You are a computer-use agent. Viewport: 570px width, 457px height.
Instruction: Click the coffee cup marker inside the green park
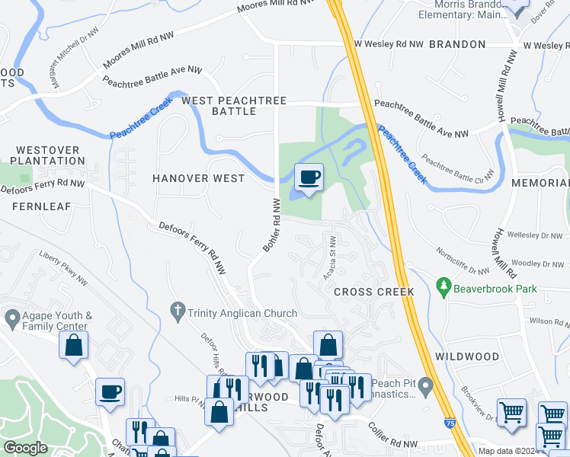coord(309,178)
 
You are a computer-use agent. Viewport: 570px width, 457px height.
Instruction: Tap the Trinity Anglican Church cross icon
coord(177,311)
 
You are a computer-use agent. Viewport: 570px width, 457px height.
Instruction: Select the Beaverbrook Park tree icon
coord(444,287)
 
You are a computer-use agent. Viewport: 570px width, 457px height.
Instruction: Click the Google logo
coord(25,448)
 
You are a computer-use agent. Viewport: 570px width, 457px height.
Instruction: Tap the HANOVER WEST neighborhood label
coord(198,178)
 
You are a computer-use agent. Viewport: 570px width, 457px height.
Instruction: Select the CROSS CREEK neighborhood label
coord(373,292)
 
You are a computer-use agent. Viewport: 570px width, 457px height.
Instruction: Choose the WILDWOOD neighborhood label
coord(467,356)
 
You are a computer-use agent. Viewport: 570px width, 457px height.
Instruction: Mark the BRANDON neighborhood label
coord(457,45)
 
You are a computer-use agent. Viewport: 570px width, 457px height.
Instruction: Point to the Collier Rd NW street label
coord(394,436)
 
